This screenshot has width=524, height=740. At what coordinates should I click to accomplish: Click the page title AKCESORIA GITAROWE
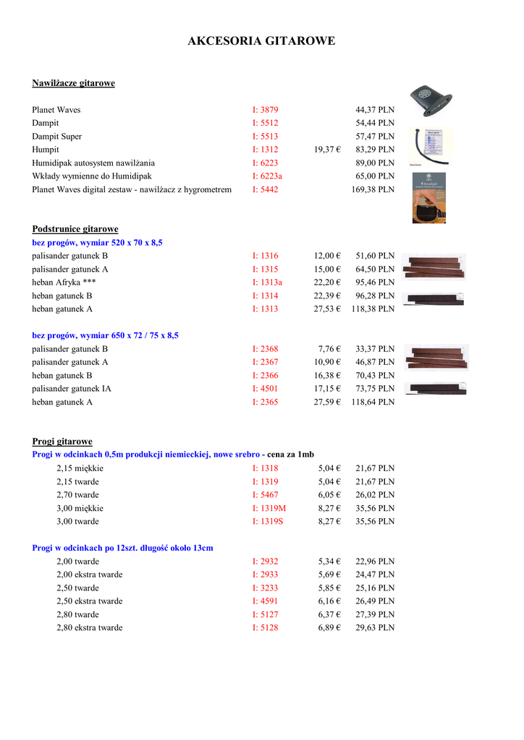click(261, 41)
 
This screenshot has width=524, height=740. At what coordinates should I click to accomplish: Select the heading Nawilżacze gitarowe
click(73, 83)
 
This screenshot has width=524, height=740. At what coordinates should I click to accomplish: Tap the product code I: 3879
click(265, 110)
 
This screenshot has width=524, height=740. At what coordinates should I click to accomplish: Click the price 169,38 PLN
click(373, 189)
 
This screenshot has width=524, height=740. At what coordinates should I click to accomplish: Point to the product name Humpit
click(46, 150)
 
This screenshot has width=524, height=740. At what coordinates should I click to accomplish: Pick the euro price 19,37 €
click(327, 150)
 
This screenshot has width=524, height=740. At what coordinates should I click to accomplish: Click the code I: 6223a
click(267, 176)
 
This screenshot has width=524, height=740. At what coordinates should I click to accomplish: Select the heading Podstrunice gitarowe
click(75, 229)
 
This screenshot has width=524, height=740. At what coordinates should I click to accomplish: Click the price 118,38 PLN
click(373, 309)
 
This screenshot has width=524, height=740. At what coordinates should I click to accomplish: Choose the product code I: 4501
click(265, 388)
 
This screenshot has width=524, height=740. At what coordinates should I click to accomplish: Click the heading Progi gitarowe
click(62, 441)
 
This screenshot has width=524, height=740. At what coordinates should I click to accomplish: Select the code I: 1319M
click(269, 507)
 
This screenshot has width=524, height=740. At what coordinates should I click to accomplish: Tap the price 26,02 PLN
click(375, 494)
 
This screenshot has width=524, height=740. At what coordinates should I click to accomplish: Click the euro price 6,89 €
click(329, 627)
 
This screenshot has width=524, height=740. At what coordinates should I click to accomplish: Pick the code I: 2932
click(265, 561)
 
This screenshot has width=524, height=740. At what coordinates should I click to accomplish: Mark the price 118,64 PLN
click(373, 402)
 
